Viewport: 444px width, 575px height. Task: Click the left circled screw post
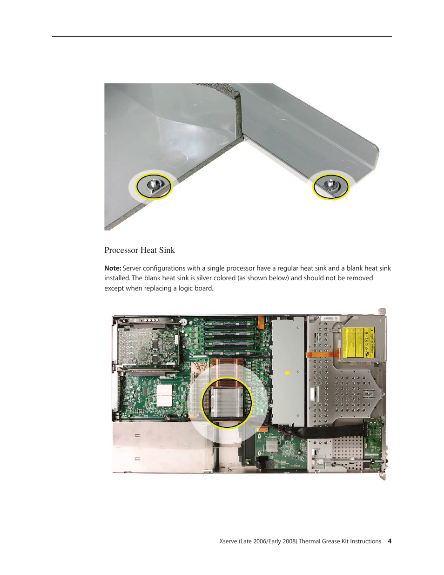(153, 186)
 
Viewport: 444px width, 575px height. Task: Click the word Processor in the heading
(121, 250)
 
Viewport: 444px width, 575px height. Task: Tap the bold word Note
(112, 268)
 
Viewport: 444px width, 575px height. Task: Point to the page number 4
(390, 541)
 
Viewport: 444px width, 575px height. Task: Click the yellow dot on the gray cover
(287, 372)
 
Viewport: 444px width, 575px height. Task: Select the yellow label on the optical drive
(358, 343)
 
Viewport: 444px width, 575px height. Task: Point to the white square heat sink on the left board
(164, 395)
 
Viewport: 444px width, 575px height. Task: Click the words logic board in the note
(195, 288)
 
